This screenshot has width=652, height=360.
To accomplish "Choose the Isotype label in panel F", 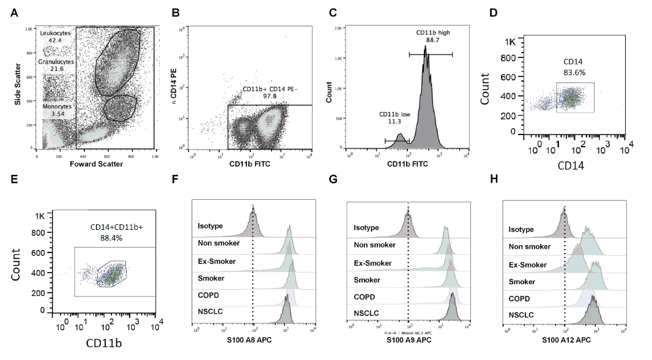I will coord(210,226).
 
